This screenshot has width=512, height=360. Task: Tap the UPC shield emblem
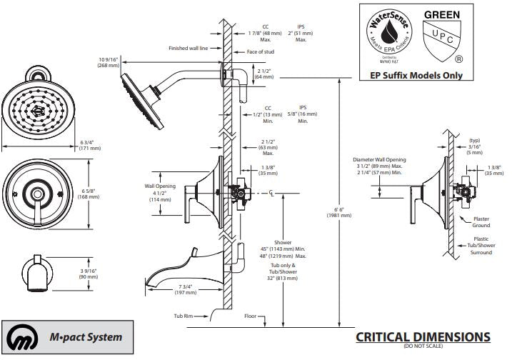click(441, 43)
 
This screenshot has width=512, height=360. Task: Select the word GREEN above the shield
click(442, 14)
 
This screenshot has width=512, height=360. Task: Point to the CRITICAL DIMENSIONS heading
click(423, 336)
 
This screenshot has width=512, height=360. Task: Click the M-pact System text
click(90, 337)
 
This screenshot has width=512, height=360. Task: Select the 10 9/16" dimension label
click(110, 61)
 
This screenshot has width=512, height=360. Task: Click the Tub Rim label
click(184, 314)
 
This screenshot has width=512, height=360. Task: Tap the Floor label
click(251, 314)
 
